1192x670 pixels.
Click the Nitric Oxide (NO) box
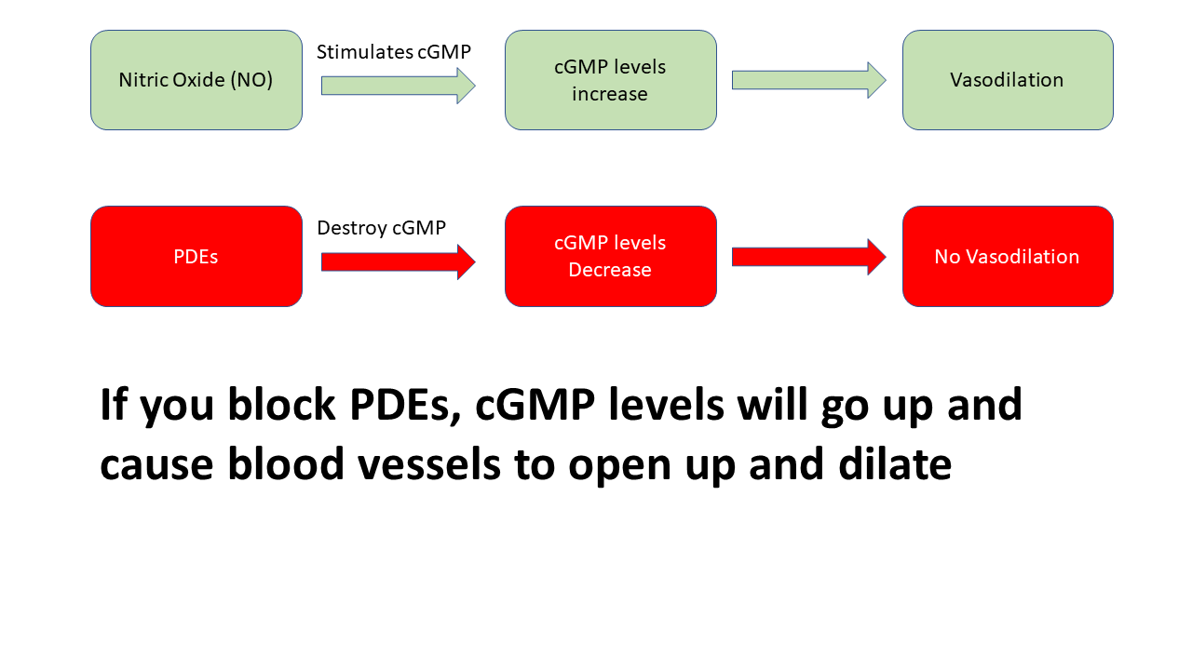[196, 80]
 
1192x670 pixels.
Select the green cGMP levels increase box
[610, 80]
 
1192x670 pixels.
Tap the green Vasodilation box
[1008, 80]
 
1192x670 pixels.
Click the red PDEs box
[196, 256]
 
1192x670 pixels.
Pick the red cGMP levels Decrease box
[610, 256]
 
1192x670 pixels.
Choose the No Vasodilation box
[1008, 256]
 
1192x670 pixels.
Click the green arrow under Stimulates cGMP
[398, 86]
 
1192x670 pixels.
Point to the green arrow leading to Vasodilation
[809, 80]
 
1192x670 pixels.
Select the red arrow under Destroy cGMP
[398, 262]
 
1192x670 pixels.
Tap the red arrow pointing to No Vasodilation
[809, 257]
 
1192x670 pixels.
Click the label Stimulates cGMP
[394, 52]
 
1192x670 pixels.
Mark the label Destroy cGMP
[381, 228]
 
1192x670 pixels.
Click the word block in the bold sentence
[281, 405]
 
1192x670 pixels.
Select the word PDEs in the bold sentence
[404, 406]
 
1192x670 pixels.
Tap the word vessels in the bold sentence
[429, 464]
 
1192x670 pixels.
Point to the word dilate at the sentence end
[895, 463]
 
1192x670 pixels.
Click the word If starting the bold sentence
[114, 405]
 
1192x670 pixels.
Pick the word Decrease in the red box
[610, 270]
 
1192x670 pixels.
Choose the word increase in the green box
[610, 94]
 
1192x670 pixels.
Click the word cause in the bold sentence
[156, 464]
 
